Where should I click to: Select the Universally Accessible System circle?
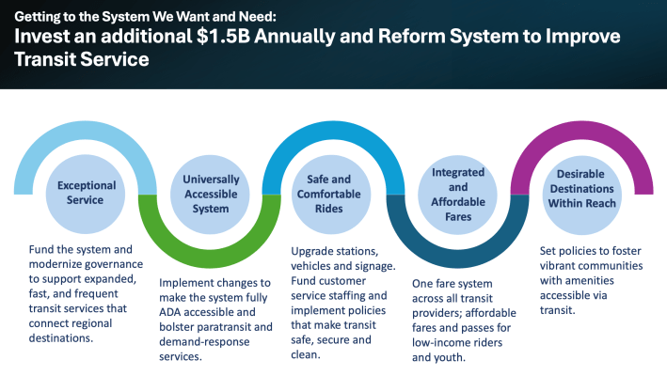204,195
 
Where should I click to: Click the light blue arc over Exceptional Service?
86,129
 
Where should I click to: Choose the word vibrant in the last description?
559,267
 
